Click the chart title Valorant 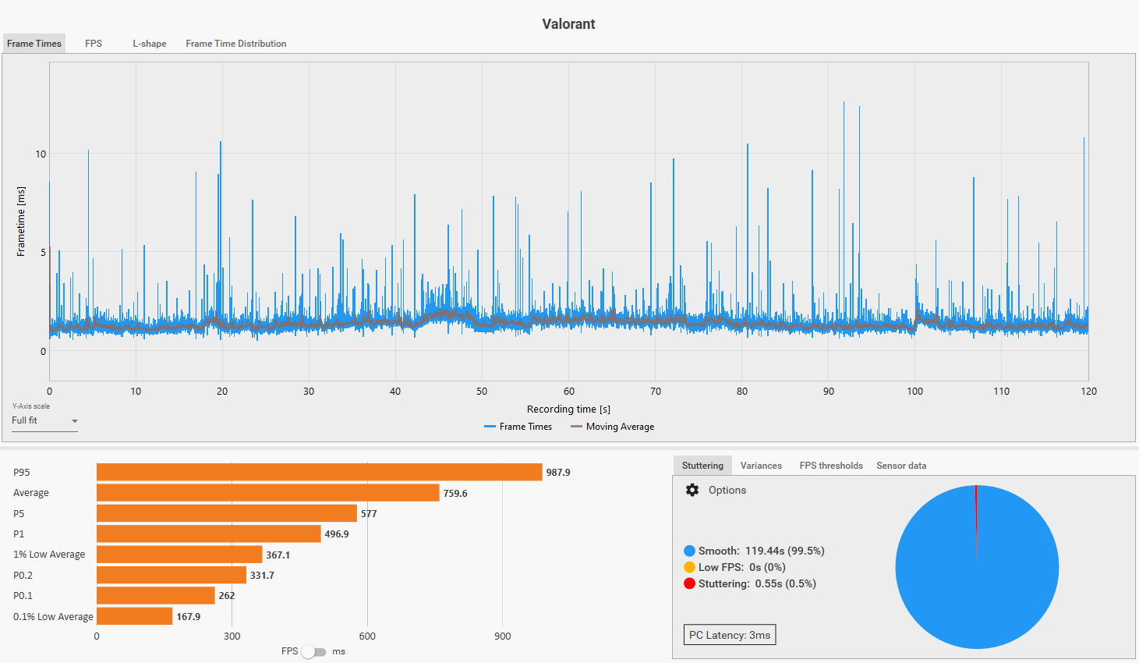pos(568,24)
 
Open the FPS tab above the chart pos(94,44)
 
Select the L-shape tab pos(149,44)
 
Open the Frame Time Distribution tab pos(235,44)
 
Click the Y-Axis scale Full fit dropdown pos(44,420)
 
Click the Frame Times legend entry pos(518,427)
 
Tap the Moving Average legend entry pos(613,427)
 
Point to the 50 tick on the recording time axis pos(482,392)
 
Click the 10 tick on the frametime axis pos(41,154)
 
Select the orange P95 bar pos(319,472)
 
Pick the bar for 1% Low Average pos(179,555)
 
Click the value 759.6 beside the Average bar pos(455,493)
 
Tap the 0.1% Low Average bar pos(134,616)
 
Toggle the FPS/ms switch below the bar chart pos(314,651)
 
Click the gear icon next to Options pos(692,490)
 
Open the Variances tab pos(761,466)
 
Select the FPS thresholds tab pos(831,466)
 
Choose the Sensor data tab pos(901,466)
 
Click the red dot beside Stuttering pos(689,583)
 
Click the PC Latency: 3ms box pos(730,635)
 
